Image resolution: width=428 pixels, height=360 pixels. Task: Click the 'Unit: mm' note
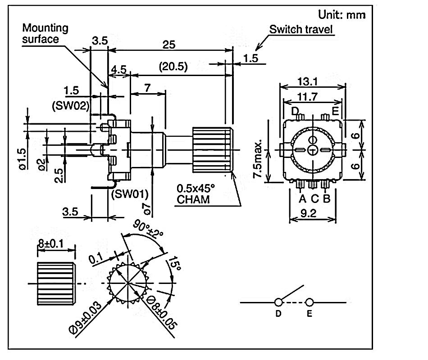pos(342,14)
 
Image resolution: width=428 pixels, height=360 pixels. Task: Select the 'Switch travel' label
pos(301,29)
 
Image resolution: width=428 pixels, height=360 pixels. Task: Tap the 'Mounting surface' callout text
pos(45,33)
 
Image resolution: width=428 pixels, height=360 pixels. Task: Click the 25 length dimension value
pos(168,45)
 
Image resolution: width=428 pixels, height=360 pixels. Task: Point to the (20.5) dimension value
pos(173,66)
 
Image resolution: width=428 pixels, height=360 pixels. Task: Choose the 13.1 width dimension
pos(307,81)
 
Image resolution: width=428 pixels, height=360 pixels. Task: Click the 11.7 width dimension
pos(307,97)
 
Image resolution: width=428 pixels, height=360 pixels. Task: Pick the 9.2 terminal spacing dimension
pos(309,213)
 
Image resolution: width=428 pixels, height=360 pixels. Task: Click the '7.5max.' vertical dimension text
pos(258,159)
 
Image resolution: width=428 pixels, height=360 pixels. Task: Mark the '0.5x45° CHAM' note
pos(196,194)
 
